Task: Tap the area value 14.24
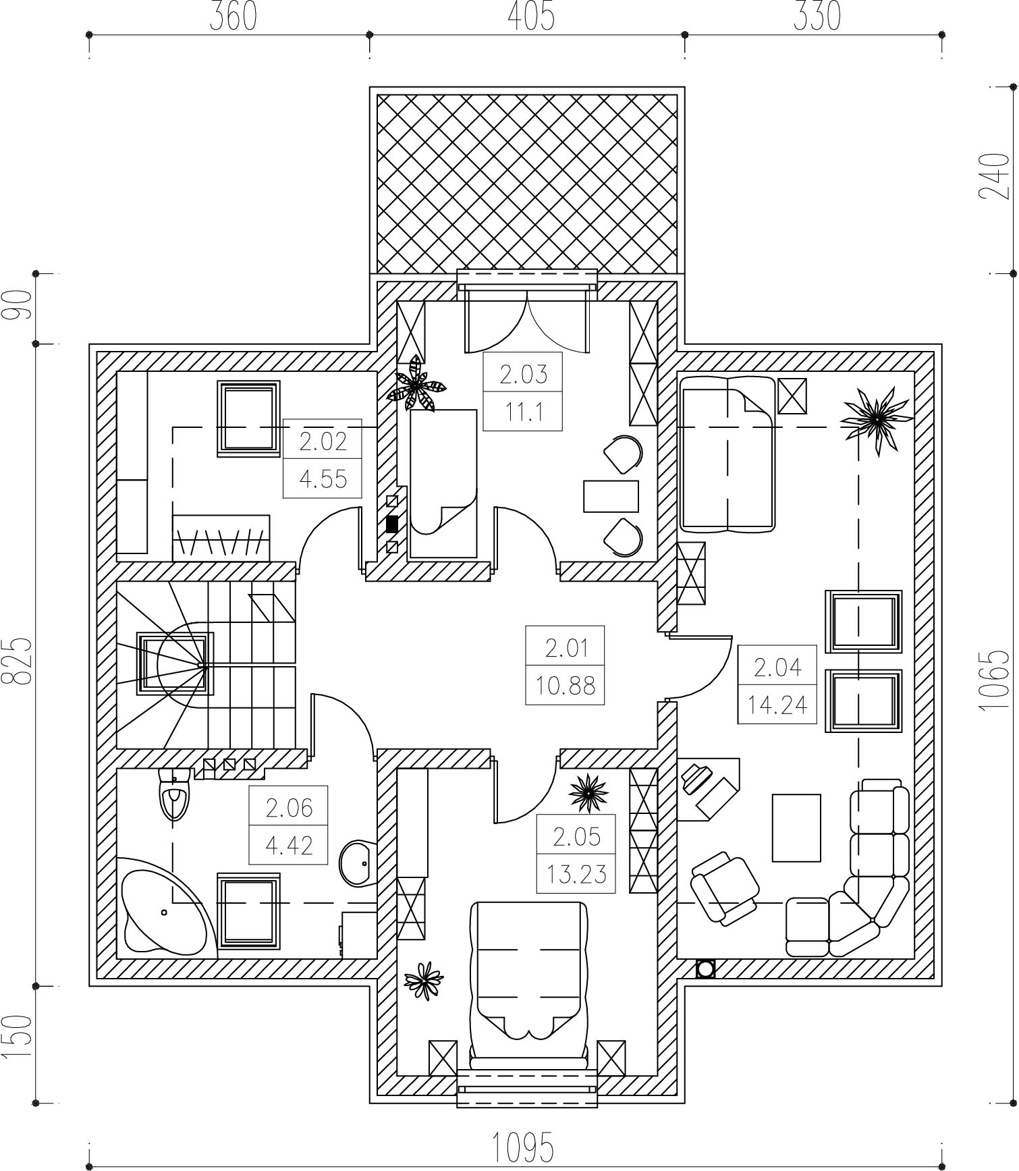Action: pos(777,705)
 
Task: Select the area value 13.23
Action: pos(576,875)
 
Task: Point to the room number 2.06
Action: pos(289,808)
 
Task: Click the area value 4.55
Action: pos(323,479)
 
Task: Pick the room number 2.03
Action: pos(523,374)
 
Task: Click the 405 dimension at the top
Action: pos(531,16)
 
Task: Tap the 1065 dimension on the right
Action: pos(994,680)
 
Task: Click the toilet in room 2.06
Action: pos(174,794)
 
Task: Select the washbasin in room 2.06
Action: pos(358,863)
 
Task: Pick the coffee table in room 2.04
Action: pos(796,827)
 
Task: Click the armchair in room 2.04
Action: pos(725,888)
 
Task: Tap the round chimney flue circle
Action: pos(706,969)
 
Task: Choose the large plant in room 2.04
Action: pos(876,420)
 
